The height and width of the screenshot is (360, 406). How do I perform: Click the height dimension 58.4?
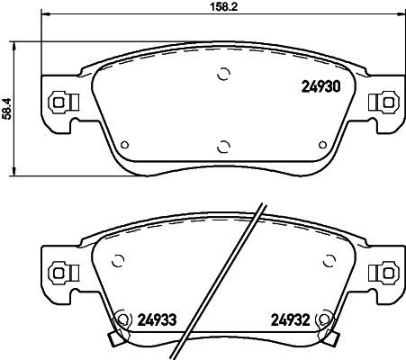tap(8, 108)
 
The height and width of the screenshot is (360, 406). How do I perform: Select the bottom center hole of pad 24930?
tap(221, 146)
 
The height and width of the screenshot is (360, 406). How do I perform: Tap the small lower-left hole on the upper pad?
tap(124, 142)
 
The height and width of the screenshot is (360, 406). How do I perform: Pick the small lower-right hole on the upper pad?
tap(322, 142)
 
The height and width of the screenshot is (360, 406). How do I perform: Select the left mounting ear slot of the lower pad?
tap(59, 269)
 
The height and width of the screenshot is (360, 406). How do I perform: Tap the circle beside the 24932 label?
tap(325, 317)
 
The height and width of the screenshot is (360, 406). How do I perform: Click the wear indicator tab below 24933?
tap(113, 338)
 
